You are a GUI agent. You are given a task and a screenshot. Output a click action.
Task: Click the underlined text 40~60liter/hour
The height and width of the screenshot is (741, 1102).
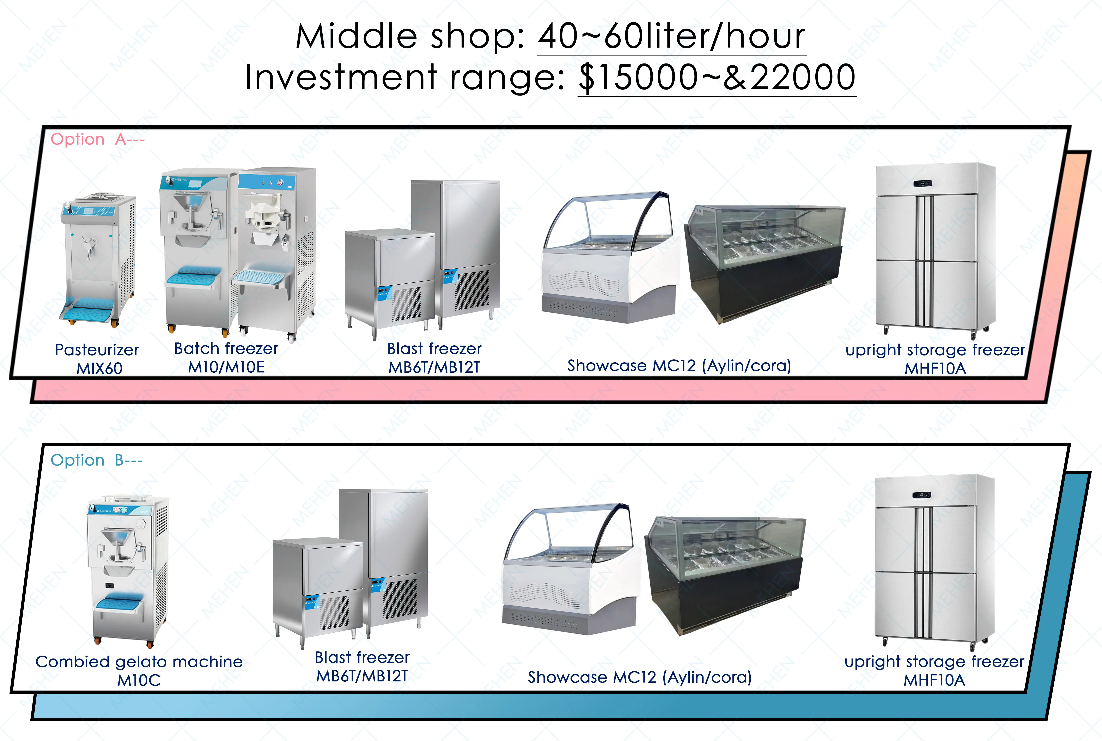671,37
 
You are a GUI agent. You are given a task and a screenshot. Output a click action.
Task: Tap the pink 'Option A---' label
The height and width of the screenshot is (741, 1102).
97,139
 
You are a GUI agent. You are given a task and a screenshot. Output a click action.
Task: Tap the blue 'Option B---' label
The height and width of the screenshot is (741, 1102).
96,460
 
